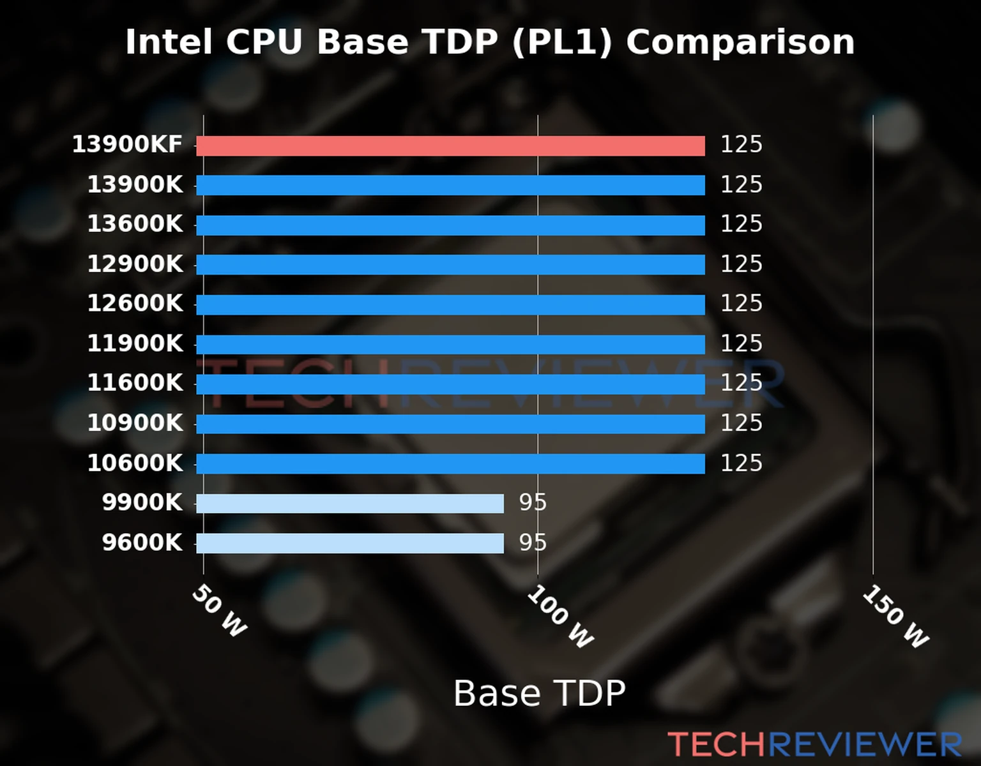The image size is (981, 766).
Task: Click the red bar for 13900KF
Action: pyautogui.click(x=450, y=146)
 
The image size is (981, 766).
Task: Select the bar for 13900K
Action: pyautogui.click(x=450, y=185)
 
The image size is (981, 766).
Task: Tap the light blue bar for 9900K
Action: pyautogui.click(x=349, y=503)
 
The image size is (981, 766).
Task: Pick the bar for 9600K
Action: pyautogui.click(x=349, y=543)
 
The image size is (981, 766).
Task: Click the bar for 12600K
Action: pyautogui.click(x=450, y=304)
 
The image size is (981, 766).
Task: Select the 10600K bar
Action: pyautogui.click(x=450, y=463)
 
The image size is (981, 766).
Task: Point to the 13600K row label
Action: pyautogui.click(x=135, y=224)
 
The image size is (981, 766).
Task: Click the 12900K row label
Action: pyautogui.click(x=135, y=264)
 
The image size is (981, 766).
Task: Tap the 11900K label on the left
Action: pyautogui.click(x=135, y=343)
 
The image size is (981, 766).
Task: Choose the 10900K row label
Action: pyautogui.click(x=135, y=423)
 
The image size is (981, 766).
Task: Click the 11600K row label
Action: pyautogui.click(x=135, y=383)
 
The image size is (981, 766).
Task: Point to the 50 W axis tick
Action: pyautogui.click(x=219, y=611)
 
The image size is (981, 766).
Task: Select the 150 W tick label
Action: pyautogui.click(x=895, y=617)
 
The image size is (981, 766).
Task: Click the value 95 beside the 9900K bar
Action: pyautogui.click(x=533, y=503)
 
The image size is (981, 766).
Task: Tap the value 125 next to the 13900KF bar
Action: pyautogui.click(x=741, y=145)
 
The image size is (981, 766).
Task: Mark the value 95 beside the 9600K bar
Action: pyautogui.click(x=533, y=543)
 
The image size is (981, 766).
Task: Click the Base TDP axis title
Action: pyautogui.click(x=539, y=693)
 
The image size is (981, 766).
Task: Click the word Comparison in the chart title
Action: pyautogui.click(x=740, y=42)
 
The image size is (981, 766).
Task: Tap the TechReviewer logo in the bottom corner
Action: pyautogui.click(x=814, y=744)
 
